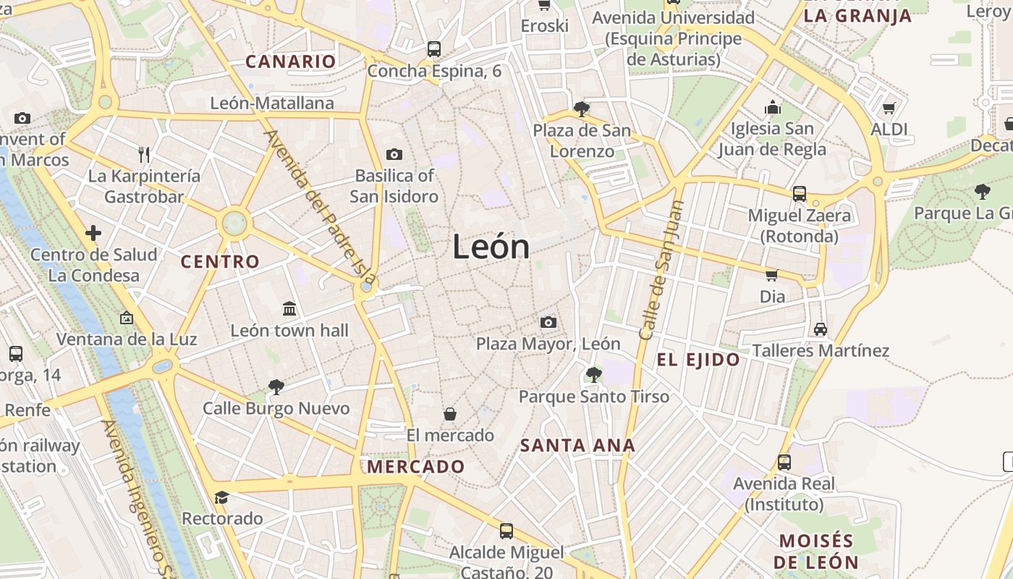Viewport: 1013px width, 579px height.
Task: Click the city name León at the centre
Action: point(491,248)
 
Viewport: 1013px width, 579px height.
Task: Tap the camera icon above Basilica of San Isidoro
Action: point(394,154)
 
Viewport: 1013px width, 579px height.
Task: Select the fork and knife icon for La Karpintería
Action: point(144,154)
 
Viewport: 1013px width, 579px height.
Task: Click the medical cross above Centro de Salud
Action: point(93,233)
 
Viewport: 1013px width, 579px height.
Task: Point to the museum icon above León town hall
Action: point(289,309)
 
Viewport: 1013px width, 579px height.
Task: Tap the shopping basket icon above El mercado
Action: point(450,414)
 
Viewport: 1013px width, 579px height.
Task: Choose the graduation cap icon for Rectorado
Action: point(221,497)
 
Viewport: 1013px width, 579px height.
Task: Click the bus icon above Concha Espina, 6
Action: point(434,49)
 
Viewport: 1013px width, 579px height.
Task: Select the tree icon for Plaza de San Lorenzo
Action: point(581,109)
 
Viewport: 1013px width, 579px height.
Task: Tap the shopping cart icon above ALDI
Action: point(889,108)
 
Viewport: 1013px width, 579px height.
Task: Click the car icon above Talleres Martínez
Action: point(821,329)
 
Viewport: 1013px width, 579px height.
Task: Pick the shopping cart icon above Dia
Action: point(772,275)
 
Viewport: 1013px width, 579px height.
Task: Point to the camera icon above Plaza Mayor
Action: point(548,322)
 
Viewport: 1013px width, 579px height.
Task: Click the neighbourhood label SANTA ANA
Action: point(577,446)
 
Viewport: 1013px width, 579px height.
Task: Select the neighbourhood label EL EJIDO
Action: point(698,360)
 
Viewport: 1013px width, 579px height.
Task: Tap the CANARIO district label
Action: point(291,62)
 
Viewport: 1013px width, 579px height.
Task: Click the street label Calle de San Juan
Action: point(661,270)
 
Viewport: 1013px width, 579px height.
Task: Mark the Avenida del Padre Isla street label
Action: point(321,207)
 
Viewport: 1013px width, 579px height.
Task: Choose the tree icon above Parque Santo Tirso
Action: point(594,374)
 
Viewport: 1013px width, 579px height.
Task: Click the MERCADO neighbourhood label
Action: point(415,467)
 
